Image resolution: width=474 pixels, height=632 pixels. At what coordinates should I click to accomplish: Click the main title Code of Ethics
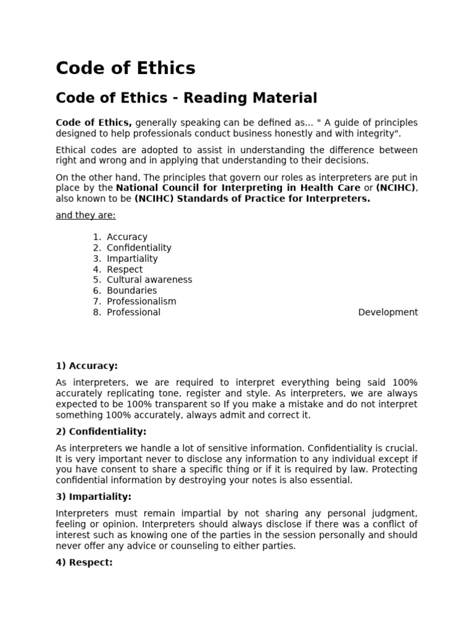coord(125,68)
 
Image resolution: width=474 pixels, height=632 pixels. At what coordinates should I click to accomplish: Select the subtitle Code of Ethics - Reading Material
coord(186,98)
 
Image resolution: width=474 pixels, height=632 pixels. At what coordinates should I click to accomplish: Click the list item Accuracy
coord(127,237)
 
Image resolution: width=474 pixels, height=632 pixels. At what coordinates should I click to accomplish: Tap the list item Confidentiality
coord(139,247)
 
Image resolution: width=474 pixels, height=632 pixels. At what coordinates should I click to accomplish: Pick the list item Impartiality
coord(132,259)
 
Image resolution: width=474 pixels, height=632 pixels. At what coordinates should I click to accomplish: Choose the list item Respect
coord(125,269)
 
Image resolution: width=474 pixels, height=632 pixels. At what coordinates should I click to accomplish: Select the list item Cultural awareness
coord(149,280)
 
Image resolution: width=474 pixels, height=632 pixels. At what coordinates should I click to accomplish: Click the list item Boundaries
coord(132,290)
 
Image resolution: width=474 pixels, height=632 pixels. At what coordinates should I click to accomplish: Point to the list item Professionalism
coord(141,301)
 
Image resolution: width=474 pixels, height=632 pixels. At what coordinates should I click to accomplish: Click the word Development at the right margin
coord(388,312)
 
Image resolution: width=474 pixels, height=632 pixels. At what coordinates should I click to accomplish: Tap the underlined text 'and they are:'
coord(86,215)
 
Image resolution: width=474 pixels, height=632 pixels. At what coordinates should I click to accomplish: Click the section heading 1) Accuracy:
coord(86,366)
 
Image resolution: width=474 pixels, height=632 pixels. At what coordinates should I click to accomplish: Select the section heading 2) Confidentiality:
coord(101,431)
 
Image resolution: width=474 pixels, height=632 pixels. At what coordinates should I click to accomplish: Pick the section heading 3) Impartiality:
coord(93,497)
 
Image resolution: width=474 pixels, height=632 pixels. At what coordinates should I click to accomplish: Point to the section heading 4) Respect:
coord(84,562)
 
